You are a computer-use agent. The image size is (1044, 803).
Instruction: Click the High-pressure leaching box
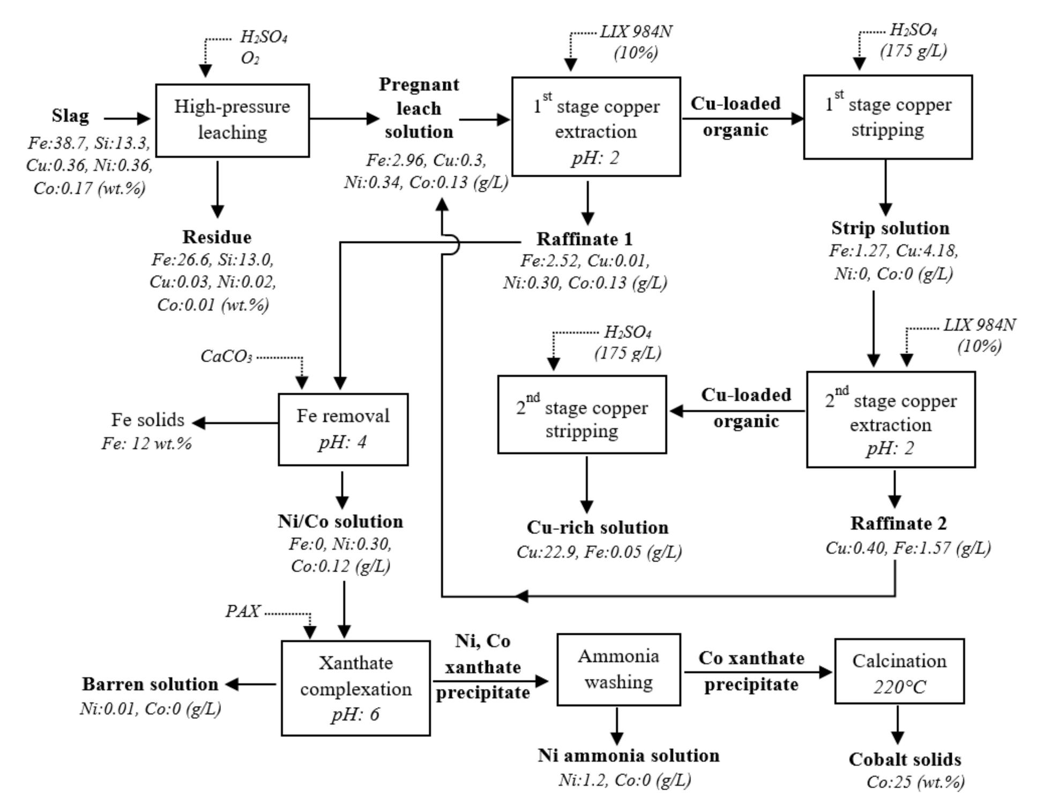click(232, 120)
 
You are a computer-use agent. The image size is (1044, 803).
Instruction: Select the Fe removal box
click(343, 429)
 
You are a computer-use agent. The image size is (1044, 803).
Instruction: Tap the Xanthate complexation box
click(355, 688)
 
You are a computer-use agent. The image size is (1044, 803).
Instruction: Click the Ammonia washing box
click(618, 669)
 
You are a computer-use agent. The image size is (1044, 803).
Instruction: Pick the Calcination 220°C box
click(899, 671)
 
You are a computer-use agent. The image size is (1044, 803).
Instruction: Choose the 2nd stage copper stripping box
click(582, 414)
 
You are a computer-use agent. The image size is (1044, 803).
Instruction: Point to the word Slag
click(70, 116)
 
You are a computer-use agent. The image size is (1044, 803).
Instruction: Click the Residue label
click(217, 237)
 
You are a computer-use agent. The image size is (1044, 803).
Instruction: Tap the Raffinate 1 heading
click(584, 239)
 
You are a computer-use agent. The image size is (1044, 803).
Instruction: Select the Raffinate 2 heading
click(898, 523)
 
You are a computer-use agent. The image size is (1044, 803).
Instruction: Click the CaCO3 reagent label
click(226, 356)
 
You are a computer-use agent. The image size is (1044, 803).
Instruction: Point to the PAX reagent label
click(243, 611)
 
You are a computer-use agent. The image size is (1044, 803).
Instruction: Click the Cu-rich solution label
click(597, 528)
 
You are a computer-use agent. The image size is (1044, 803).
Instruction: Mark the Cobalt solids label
click(905, 760)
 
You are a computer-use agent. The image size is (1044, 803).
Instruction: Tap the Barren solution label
click(150, 684)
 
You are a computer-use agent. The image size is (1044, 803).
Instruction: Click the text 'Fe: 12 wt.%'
click(146, 444)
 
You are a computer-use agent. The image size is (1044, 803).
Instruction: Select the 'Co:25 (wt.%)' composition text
click(915, 782)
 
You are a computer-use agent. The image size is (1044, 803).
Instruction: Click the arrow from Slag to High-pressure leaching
click(127, 118)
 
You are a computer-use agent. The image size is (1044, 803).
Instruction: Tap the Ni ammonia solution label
click(629, 756)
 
